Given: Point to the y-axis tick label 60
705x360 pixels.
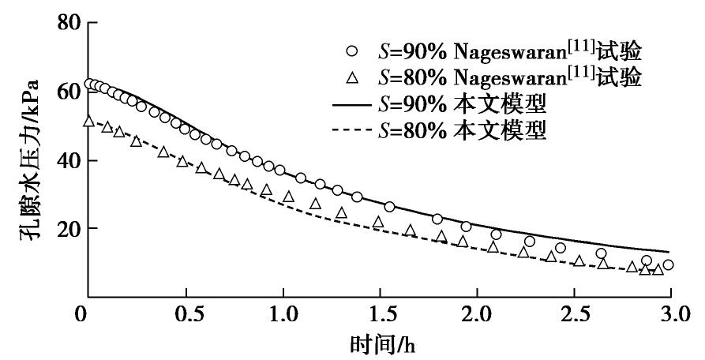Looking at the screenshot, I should (67, 92).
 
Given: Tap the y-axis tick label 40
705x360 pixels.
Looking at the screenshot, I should (67, 160).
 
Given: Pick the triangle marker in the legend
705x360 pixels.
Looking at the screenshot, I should (353, 77).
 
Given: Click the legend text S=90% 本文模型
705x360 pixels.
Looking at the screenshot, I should (461, 104).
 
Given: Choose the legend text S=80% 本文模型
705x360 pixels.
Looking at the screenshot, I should (461, 130).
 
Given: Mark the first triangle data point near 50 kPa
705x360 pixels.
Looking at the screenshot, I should (88, 122).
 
